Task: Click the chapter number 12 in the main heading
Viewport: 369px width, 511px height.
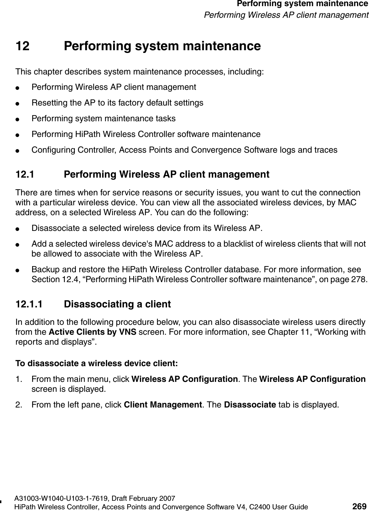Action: tap(23, 46)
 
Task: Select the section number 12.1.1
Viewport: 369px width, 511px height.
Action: tap(29, 304)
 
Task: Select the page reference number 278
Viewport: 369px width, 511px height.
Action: tap(361, 279)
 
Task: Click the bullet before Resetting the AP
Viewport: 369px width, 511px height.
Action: tap(21, 103)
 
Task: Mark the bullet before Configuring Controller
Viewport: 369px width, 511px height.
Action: tap(21, 150)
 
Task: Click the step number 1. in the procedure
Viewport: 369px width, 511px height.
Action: tap(19, 379)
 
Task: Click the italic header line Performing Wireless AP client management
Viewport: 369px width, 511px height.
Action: tap(286, 15)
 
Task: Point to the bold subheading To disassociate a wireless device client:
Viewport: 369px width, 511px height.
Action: tap(97, 363)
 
